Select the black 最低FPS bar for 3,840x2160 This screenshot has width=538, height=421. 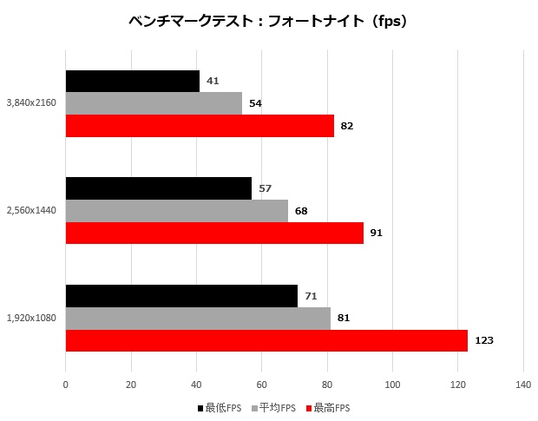[x=132, y=82]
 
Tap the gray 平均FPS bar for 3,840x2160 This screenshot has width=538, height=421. [x=154, y=103]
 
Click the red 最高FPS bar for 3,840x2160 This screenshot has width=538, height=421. [x=200, y=126]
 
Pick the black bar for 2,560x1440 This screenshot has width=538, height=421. [x=158, y=188]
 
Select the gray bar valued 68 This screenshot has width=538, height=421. [x=176, y=211]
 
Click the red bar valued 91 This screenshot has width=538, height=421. [x=214, y=234]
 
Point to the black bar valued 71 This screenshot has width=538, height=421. [x=181, y=296]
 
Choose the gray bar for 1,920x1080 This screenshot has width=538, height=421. [x=198, y=318]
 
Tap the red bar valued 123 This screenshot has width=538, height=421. [x=266, y=340]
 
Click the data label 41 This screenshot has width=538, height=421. [x=213, y=82]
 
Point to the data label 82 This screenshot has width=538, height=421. [x=347, y=126]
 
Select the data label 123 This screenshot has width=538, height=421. [x=484, y=340]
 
